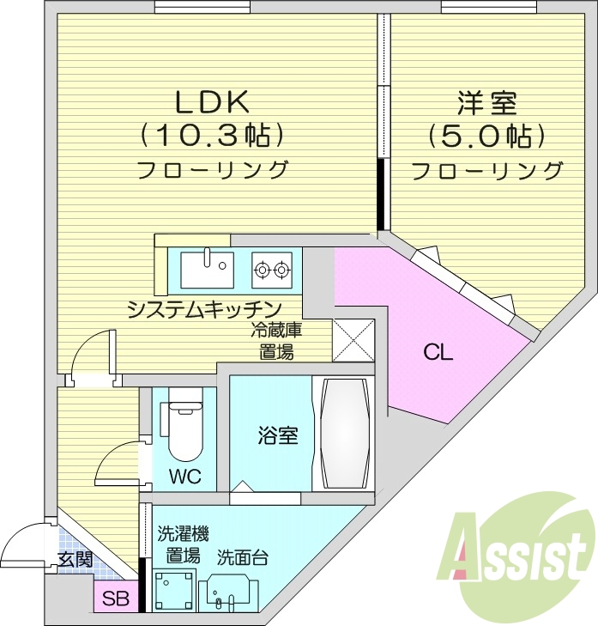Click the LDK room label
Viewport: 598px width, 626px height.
pyautogui.click(x=212, y=102)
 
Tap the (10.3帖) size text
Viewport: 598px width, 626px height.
pyautogui.click(x=212, y=135)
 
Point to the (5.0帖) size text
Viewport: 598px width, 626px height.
pyautogui.click(x=486, y=136)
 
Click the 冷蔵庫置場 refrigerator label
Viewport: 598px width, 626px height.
pyautogui.click(x=276, y=340)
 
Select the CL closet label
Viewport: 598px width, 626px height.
pyautogui.click(x=437, y=352)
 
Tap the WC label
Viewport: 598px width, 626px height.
pyautogui.click(x=184, y=477)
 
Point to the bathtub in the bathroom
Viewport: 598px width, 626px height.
pyautogui.click(x=344, y=433)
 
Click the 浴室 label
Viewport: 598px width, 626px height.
pyautogui.click(x=278, y=435)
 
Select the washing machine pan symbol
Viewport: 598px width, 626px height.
pyautogui.click(x=172, y=591)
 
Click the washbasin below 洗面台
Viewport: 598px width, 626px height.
pyautogui.click(x=228, y=592)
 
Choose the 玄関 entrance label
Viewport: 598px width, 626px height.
pyautogui.click(x=76, y=559)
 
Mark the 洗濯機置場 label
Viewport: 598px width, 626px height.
pyautogui.click(x=183, y=544)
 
